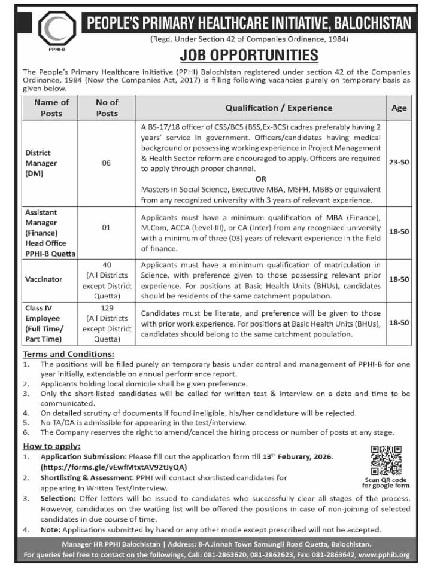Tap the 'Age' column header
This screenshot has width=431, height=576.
click(399, 108)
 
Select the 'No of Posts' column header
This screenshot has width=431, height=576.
click(107, 108)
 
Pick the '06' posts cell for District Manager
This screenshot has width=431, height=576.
click(107, 163)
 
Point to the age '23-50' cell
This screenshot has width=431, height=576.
click(399, 162)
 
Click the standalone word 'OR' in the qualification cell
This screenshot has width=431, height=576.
click(261, 178)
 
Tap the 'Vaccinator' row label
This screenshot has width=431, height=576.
click(44, 279)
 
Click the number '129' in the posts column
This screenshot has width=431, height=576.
click(107, 307)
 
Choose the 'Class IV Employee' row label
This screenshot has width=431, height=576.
click(44, 323)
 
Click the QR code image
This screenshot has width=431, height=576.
click(386, 461)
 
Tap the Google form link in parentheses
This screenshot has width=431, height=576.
click(114, 466)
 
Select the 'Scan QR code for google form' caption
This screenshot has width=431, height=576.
click(386, 483)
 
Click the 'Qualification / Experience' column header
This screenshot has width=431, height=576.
click(278, 108)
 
